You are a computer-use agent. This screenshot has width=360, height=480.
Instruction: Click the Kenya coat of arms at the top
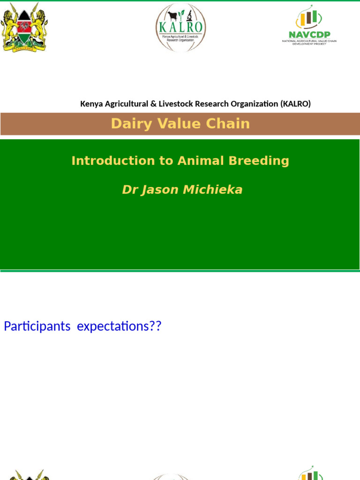coord(24,27)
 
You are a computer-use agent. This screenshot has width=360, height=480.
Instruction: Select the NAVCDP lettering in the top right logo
coord(308,34)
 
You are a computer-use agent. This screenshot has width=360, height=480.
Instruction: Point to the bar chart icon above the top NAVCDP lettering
coord(308,18)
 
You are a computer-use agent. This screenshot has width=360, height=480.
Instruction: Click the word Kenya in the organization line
coord(91,104)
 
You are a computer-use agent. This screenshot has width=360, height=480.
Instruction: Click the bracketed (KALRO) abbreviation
coord(295,104)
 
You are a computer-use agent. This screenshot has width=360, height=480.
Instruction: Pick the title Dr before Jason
coord(129,189)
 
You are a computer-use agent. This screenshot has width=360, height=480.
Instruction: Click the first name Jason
coord(159,189)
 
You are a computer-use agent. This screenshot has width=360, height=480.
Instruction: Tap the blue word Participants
coord(37,326)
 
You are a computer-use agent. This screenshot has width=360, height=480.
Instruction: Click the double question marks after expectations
coord(155,326)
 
